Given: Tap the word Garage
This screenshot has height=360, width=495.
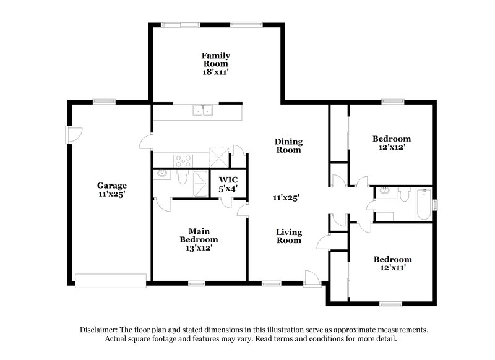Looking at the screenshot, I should coord(112,185).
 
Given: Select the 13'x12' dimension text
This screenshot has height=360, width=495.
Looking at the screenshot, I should coord(199,247).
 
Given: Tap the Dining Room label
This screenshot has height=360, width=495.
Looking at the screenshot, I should coord(288,145).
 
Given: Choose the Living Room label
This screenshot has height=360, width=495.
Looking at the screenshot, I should coord(288,236).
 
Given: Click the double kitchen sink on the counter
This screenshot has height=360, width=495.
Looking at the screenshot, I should coord(203,111).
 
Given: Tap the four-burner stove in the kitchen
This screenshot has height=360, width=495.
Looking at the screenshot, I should coord(183,161).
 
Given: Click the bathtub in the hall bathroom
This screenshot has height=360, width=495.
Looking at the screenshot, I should coord(424,204).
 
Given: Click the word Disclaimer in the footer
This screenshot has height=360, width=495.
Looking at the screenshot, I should coord(100,330).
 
